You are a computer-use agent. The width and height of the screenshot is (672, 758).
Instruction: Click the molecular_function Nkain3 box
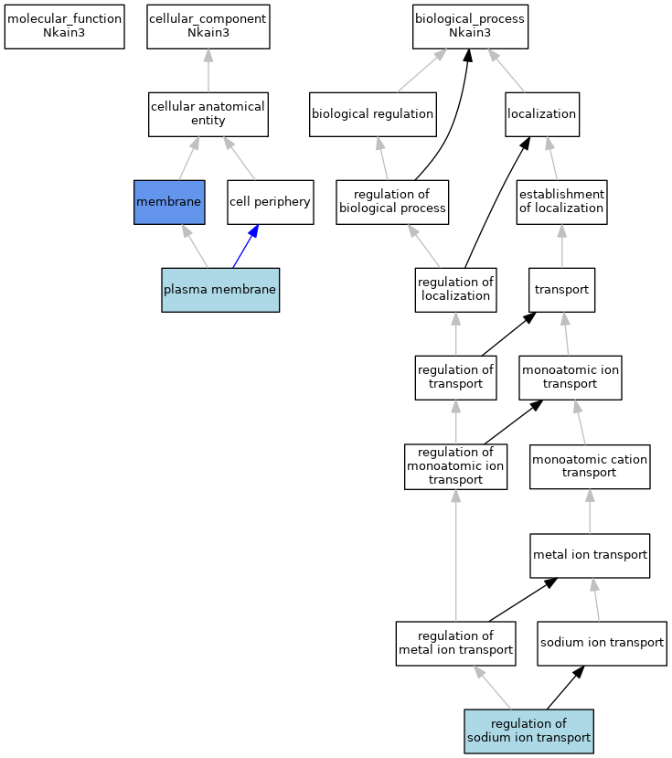[x=64, y=27]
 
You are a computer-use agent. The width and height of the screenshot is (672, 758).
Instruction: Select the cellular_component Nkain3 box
[x=208, y=27]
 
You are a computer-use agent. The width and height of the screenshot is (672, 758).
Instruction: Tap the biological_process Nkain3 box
[x=470, y=27]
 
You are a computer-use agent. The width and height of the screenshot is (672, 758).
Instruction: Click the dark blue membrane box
[x=169, y=202]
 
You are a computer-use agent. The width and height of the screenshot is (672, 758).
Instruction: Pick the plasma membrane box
[x=220, y=290]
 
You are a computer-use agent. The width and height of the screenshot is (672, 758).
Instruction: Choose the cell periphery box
[x=271, y=202]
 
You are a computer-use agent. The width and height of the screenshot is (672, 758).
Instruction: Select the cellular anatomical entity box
[x=208, y=114]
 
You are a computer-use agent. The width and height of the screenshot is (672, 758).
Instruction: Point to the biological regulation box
[x=373, y=114]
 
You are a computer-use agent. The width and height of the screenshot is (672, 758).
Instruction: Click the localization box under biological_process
[x=542, y=114]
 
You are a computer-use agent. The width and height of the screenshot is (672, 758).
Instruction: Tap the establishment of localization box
[x=561, y=202]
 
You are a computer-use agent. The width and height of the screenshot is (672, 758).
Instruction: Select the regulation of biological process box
[x=392, y=202]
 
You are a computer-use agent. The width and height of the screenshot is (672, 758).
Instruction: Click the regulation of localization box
[x=455, y=290]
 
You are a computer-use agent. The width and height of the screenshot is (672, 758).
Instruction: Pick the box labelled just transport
[x=561, y=290]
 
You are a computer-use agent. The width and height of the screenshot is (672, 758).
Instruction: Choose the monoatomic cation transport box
[x=590, y=466]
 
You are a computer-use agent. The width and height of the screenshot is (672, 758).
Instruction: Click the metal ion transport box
[x=590, y=555]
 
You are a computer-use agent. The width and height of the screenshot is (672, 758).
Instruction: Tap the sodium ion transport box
[x=602, y=644]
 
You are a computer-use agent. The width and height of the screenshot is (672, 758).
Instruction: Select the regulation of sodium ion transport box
[x=528, y=731]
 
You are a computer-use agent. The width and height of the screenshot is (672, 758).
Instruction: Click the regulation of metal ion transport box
[x=455, y=644]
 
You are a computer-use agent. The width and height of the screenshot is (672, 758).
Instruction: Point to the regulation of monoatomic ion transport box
[x=455, y=466]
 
